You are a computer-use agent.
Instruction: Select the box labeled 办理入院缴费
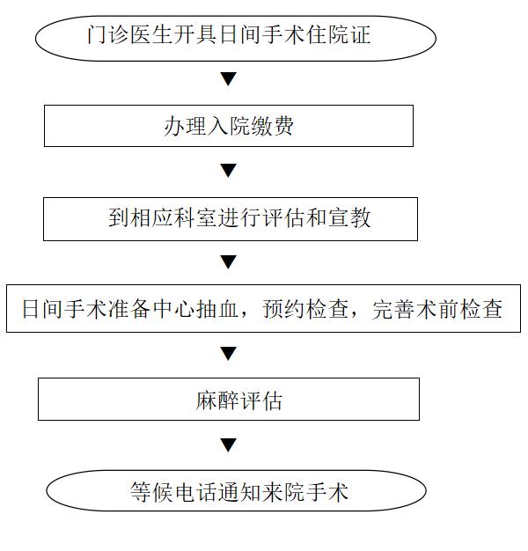pos(229,126)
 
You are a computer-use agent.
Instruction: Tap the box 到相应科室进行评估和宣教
pos(231,219)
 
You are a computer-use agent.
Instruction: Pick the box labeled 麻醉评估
pos(229,399)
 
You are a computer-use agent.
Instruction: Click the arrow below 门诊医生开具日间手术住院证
pos(228,78)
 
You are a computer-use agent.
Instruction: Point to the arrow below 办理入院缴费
pos(228,171)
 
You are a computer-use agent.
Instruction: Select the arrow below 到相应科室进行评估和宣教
pos(228,262)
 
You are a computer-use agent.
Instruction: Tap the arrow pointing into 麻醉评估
pos(228,354)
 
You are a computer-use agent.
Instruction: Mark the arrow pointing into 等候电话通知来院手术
pos(228,445)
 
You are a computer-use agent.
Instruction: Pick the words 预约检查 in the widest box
pos(305,309)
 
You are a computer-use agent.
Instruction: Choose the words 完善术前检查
pos(437,309)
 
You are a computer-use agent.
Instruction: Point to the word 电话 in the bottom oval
pos(196,492)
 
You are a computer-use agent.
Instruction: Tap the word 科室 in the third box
pos(195,217)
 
